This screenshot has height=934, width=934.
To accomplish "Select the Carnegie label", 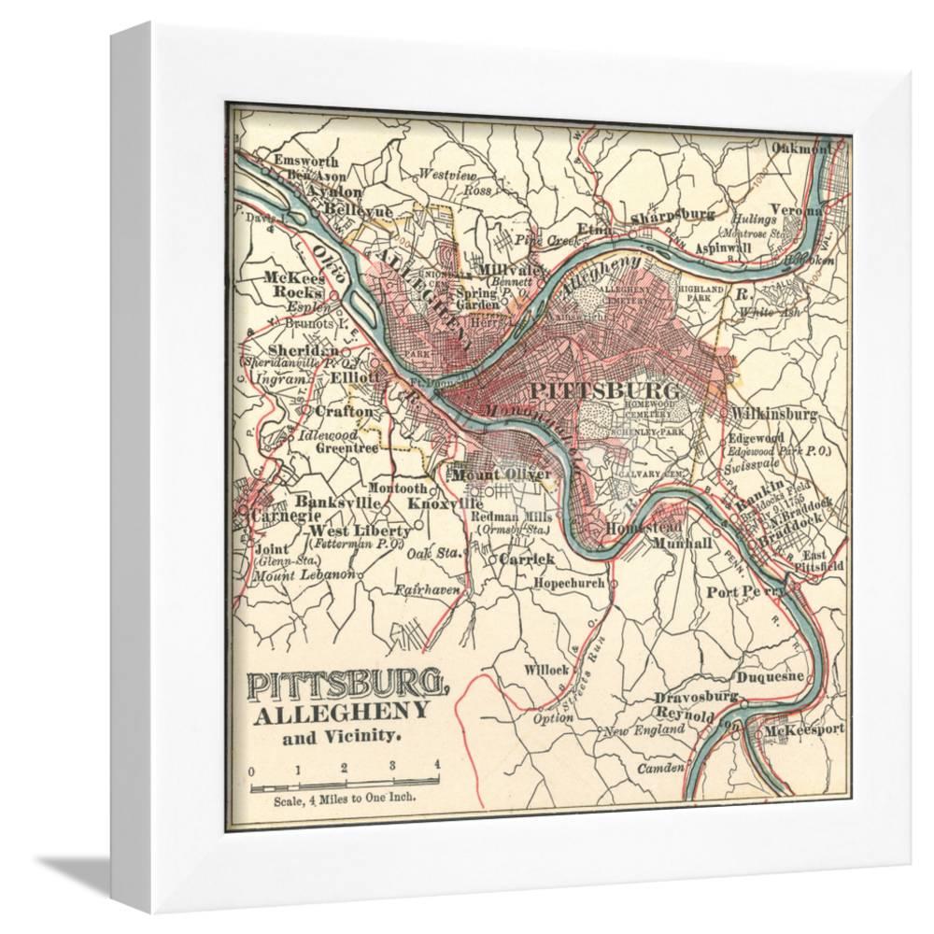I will [x=280, y=516].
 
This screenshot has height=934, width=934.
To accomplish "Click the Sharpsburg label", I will [x=672, y=214].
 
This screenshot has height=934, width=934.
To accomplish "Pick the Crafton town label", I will [x=344, y=410].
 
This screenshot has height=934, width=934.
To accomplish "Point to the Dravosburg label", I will [x=696, y=697].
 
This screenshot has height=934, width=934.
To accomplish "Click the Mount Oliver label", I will [x=495, y=474].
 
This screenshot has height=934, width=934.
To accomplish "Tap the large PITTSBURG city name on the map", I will [x=602, y=388].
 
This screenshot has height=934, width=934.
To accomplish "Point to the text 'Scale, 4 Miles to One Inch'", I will [x=344, y=800].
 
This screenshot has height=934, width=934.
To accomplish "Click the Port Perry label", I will [x=747, y=591].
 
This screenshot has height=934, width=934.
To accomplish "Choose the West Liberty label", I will [x=343, y=530].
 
